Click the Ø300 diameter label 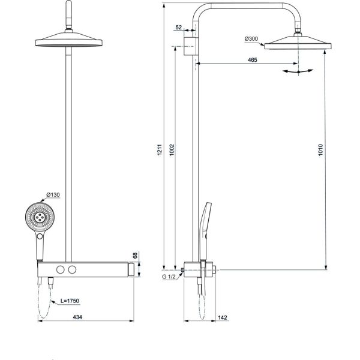251,39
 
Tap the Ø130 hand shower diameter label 53,194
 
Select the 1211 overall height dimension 160,149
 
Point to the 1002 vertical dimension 172,149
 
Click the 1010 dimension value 321,149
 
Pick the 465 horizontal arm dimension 253,60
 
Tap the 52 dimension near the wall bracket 179,28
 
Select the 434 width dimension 77,317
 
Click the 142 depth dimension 223,317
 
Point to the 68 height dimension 135,256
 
